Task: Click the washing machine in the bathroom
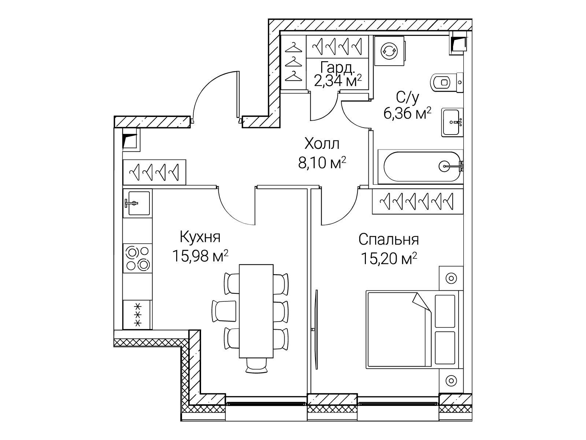[x=390, y=51]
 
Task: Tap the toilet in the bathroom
[x=446, y=82]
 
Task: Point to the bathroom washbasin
[x=452, y=122]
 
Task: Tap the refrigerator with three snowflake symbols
[x=137, y=315]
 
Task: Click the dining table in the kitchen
[x=256, y=311]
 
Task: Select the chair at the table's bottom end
[x=256, y=365]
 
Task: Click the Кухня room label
[x=200, y=237]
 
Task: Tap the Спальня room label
[x=389, y=240]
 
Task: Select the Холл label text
[x=322, y=144]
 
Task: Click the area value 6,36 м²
[x=407, y=114]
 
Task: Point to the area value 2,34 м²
[x=338, y=81]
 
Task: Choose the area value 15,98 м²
[x=200, y=256]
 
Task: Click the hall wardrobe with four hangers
[x=154, y=172]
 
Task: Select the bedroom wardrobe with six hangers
[x=418, y=201]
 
